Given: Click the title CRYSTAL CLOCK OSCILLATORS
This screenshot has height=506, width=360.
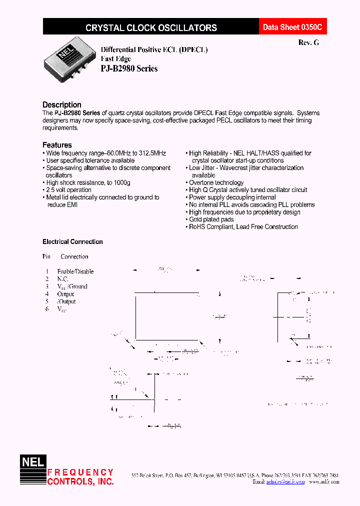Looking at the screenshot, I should pyautogui.click(x=151, y=28).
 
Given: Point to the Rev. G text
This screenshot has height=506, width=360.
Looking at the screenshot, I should pyautogui.click(x=308, y=43).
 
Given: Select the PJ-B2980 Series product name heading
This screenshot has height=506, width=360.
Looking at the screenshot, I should pyautogui.click(x=129, y=68).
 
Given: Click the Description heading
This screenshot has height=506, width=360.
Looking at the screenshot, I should pyautogui.click(x=62, y=104).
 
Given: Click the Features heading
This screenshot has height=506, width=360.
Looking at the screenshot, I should pyautogui.click(x=57, y=145).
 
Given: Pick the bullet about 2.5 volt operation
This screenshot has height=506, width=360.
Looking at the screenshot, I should pyautogui.click(x=68, y=190).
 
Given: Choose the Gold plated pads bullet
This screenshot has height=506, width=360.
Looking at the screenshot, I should pyautogui.click(x=211, y=219).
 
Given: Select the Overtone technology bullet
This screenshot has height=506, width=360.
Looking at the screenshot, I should pyautogui.click(x=216, y=182).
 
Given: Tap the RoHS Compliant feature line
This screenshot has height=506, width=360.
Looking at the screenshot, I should pyautogui.click(x=243, y=227).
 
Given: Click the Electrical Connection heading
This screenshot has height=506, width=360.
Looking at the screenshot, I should pyautogui.click(x=72, y=241).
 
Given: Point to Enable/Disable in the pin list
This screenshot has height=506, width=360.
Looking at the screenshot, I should pyautogui.click(x=75, y=271).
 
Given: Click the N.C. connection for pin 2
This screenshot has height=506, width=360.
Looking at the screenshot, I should pyautogui.click(x=62, y=279).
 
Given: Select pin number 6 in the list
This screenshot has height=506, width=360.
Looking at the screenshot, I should pyautogui.click(x=46, y=309).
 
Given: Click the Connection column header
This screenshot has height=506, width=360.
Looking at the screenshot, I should pyautogui.click(x=74, y=256).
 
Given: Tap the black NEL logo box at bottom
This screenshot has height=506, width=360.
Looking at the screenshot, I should pyautogui.click(x=32, y=462).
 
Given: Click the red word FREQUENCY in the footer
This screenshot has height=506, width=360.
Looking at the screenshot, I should pyautogui.click(x=80, y=472).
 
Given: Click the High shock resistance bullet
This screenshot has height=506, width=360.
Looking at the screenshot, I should pyautogui.click(x=87, y=183).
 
